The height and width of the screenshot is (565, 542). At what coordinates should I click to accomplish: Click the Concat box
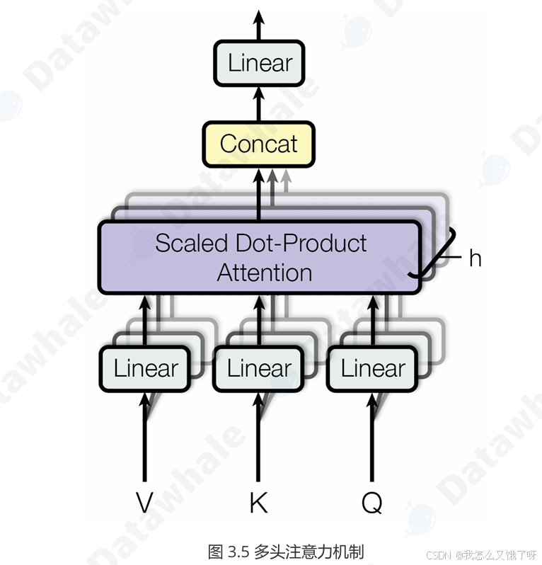click(258, 144)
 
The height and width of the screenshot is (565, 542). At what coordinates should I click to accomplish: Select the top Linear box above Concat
click(259, 63)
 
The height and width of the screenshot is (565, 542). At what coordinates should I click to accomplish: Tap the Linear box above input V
click(145, 368)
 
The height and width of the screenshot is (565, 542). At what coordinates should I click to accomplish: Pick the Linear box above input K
click(258, 368)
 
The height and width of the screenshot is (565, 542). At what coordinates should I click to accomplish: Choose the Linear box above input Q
click(372, 368)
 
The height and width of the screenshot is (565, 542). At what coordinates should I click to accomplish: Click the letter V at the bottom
click(144, 502)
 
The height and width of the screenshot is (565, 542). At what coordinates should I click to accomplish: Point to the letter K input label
click(258, 502)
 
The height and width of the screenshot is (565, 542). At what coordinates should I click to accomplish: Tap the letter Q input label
click(371, 503)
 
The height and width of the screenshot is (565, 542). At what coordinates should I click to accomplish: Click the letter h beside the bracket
click(475, 258)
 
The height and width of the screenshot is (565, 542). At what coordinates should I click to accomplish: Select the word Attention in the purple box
click(264, 273)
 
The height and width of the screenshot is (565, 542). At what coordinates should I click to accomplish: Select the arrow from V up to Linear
click(145, 439)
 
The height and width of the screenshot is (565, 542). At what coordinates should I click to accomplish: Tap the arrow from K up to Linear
click(258, 439)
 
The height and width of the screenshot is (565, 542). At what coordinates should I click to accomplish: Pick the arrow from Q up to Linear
click(371, 439)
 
